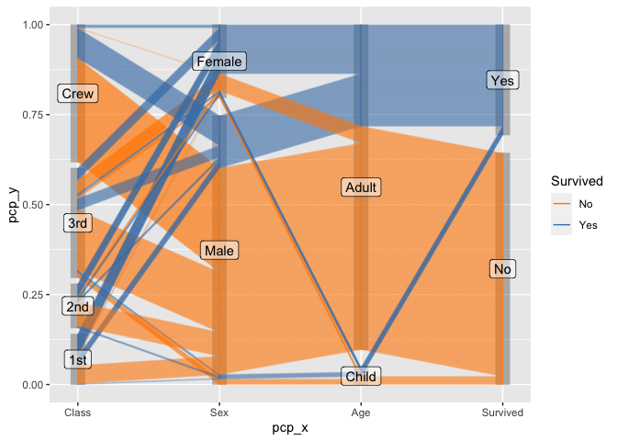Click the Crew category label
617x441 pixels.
pyautogui.click(x=77, y=94)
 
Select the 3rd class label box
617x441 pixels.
pyautogui.click(x=77, y=223)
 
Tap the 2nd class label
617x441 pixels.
pyautogui.click(x=77, y=307)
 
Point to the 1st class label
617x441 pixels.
pyautogui.click(x=77, y=360)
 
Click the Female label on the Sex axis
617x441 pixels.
pyautogui.click(x=219, y=62)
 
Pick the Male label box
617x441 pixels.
pyautogui.click(x=219, y=251)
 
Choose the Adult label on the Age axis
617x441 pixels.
pyautogui.click(x=361, y=187)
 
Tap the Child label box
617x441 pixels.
pyautogui.click(x=361, y=377)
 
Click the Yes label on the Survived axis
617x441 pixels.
pyautogui.click(x=502, y=81)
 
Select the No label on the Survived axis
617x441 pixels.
pyautogui.click(x=502, y=269)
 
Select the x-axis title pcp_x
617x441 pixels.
pyautogui.click(x=290, y=427)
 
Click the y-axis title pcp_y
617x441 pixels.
pyautogui.click(x=14, y=204)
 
